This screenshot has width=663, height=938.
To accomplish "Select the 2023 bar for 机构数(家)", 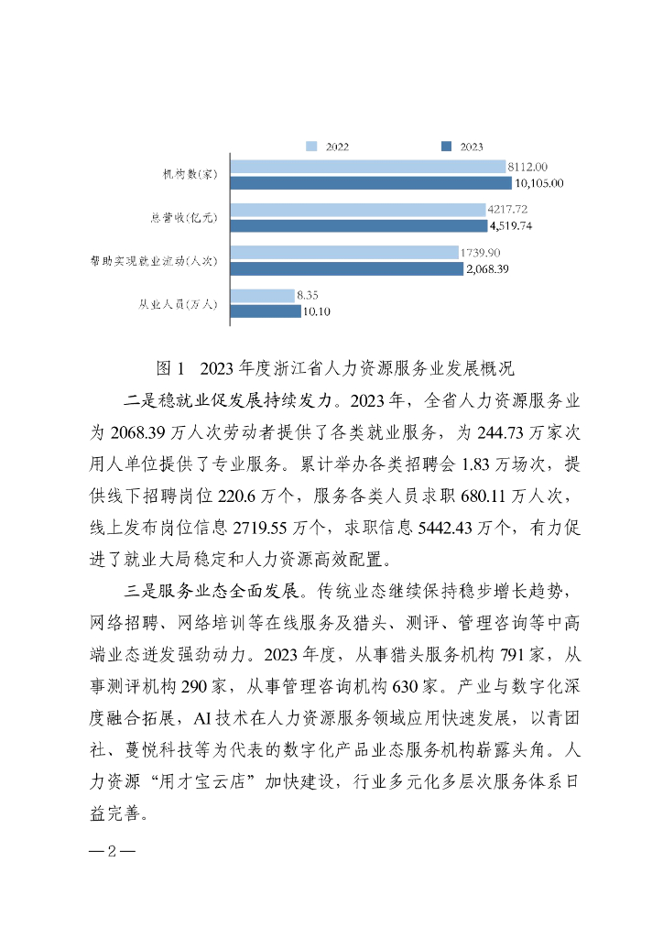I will pos(371,182).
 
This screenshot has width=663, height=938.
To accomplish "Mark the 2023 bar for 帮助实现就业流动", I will pos(347,268).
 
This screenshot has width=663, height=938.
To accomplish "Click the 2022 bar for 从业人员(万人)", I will pos(261,295).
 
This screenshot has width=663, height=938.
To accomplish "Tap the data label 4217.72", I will pos(508,210).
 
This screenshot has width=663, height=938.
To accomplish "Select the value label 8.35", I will pos(307,295).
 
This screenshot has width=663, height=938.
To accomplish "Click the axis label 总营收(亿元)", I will pos(183,218).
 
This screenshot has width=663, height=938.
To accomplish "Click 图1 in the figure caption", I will pos(171,368).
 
